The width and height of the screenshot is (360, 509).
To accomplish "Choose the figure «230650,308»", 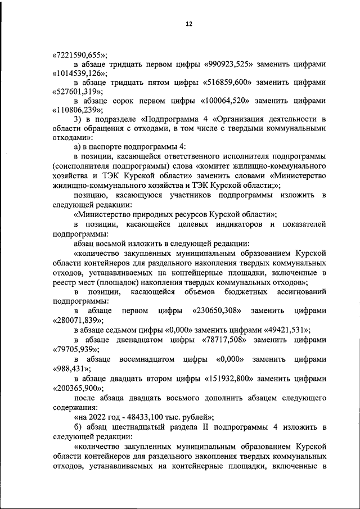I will click(217, 310).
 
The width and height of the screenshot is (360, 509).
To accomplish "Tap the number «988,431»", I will click(70, 369).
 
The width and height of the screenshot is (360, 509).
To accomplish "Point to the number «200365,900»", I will click(78, 388).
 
